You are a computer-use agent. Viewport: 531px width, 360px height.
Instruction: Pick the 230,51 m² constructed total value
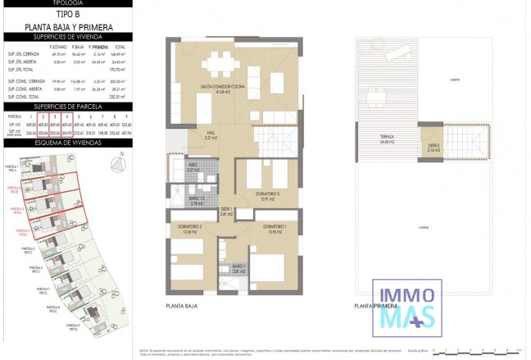125,96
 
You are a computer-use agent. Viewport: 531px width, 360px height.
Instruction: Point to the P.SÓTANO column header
58,47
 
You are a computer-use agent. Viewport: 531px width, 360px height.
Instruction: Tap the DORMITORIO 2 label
191,227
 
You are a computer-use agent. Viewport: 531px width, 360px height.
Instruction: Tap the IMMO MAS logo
407,305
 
